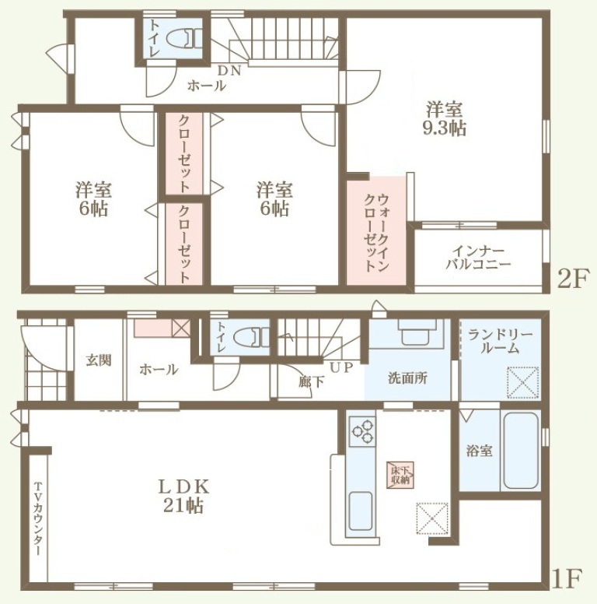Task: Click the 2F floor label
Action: [573, 280]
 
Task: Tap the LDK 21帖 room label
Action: [183, 497]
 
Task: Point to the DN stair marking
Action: [229, 71]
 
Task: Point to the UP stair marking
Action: [341, 368]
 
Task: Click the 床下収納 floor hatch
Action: [400, 475]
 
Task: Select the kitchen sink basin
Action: [361, 511]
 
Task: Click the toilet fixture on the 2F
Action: [185, 39]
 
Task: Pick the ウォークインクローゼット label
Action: [376, 234]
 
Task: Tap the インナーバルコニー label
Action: [478, 258]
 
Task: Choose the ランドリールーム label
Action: [500, 341]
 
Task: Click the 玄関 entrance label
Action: [99, 360]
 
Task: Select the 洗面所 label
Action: [407, 378]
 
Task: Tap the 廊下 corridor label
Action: [311, 381]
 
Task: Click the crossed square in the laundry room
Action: [522, 383]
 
